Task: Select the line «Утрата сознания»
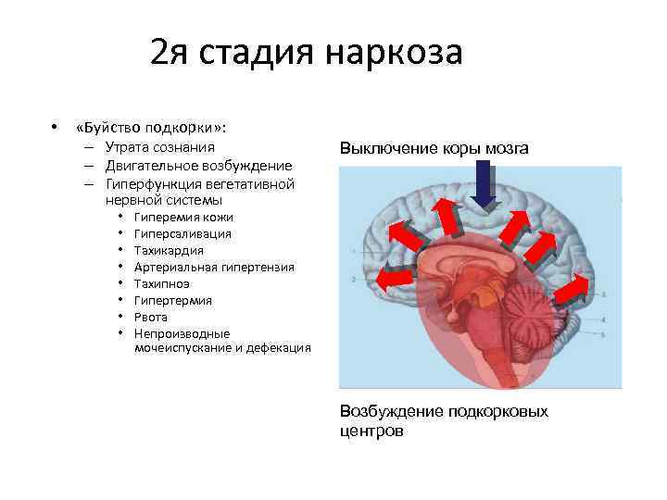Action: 160,147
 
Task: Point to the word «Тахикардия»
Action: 169,250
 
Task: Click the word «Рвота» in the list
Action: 152,317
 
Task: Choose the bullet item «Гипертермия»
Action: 172,300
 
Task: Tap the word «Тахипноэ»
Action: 162,283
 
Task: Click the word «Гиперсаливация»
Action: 182,233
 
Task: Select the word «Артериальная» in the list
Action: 176,267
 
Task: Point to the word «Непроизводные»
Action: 182,333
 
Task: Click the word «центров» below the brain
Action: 371,431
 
